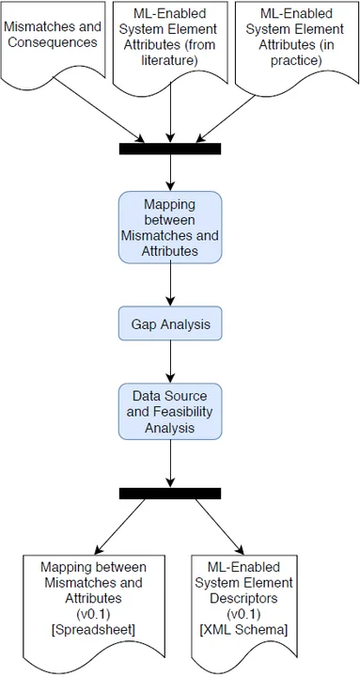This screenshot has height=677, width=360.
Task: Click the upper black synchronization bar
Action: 170,149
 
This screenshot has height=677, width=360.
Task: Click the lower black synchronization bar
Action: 170,493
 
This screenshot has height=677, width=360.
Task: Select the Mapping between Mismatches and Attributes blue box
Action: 170,228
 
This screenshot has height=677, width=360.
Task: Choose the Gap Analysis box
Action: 170,324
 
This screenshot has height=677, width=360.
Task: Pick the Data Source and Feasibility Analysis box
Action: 170,410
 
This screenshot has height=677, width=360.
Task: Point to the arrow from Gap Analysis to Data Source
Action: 170,362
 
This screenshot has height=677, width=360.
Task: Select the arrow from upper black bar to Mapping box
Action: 170,173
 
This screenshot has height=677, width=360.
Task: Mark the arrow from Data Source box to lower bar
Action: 170,464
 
